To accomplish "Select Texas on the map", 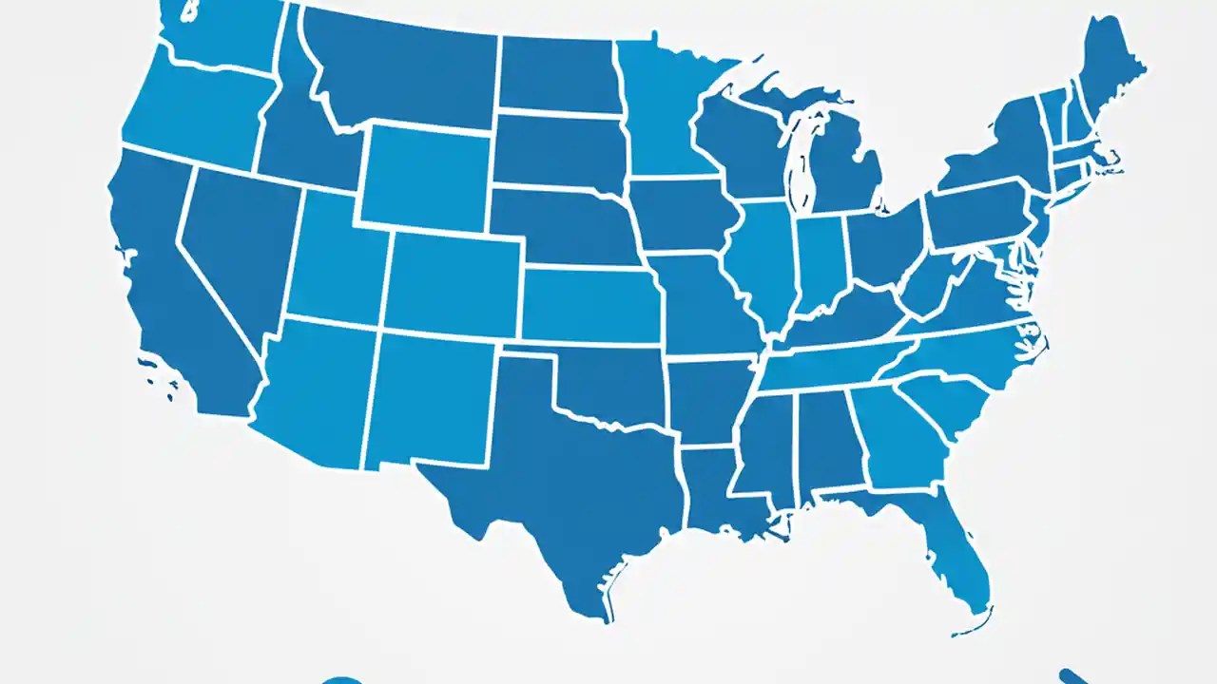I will pyautogui.click(x=551, y=475).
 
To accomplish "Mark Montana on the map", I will pyautogui.click(x=399, y=76).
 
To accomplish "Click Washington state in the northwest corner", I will pyautogui.click(x=223, y=33).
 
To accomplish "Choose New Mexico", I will pyautogui.click(x=428, y=399).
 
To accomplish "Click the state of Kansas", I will pyautogui.click(x=589, y=304).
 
